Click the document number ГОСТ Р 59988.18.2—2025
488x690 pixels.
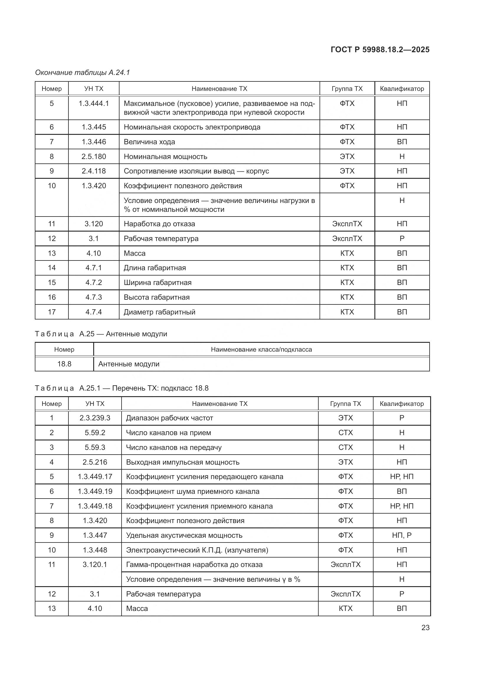click(x=380, y=50)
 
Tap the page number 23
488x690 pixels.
click(x=425, y=627)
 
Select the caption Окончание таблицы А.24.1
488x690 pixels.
click(x=82, y=73)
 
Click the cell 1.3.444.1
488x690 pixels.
click(x=94, y=103)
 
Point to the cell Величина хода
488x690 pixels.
click(x=149, y=142)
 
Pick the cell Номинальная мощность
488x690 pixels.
click(x=165, y=157)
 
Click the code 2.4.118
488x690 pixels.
click(x=94, y=171)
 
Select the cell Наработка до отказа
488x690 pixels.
click(x=159, y=224)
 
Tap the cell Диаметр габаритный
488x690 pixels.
click(x=159, y=312)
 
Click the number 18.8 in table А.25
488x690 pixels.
click(x=64, y=364)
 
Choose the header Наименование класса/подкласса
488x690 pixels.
click(x=261, y=350)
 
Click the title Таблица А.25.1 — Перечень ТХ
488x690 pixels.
click(x=121, y=388)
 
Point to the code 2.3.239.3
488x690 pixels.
click(x=95, y=418)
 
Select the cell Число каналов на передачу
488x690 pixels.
click(x=174, y=447)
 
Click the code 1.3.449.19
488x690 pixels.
click(x=95, y=491)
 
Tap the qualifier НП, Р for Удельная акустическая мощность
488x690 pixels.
click(x=402, y=535)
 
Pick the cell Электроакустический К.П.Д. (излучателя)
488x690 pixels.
click(x=197, y=550)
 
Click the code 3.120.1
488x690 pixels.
click(x=95, y=564)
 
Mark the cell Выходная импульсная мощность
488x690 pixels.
click(x=183, y=462)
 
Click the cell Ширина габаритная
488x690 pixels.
click(x=158, y=283)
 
